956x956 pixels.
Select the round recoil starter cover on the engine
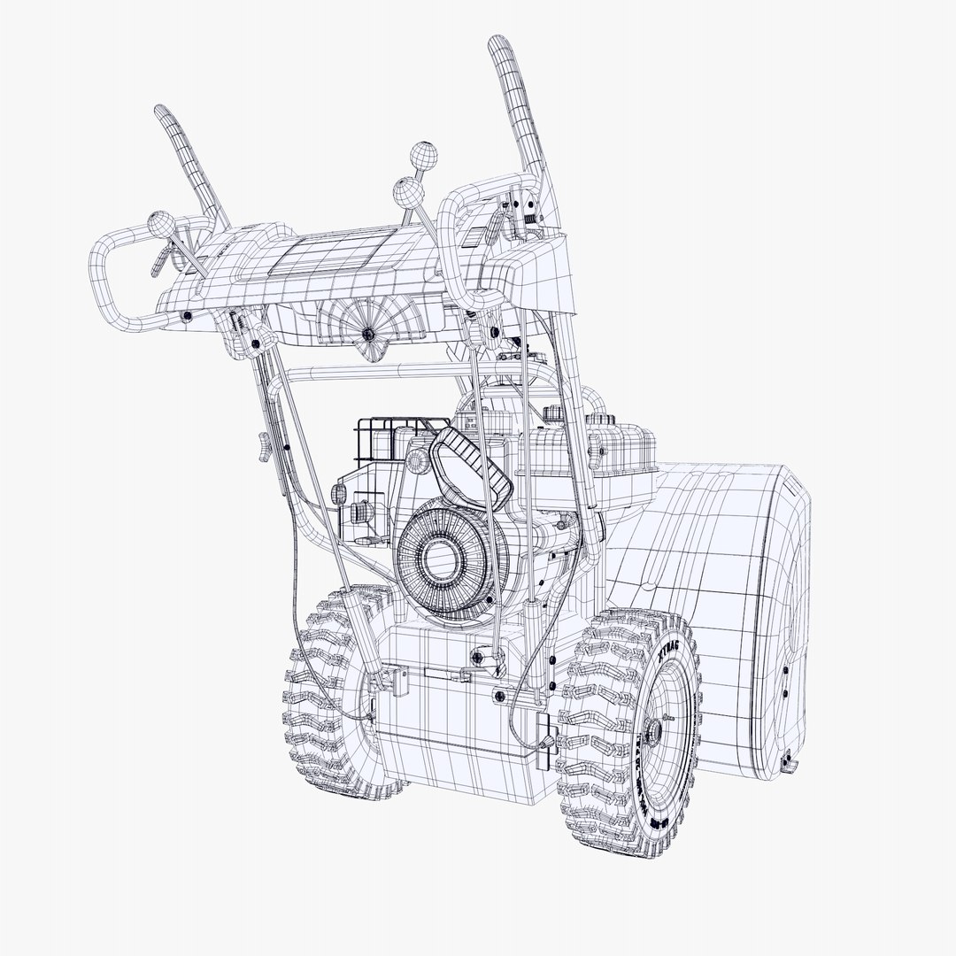coord(440,555)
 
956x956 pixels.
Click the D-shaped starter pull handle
coord(469,465)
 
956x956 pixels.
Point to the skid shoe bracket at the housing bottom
coord(788,759)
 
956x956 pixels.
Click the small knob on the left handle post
coord(263,448)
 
